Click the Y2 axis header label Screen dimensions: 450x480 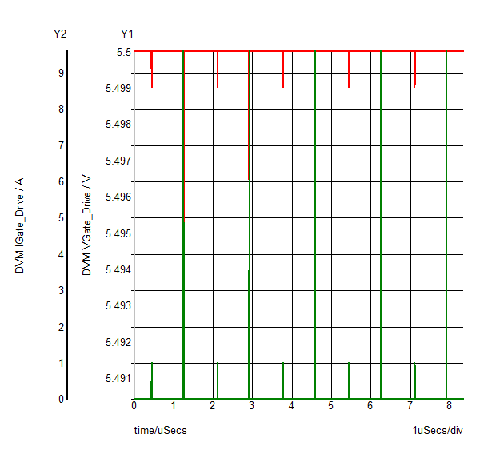60,34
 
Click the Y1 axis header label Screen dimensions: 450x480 127,34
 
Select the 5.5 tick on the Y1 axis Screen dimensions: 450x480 123,52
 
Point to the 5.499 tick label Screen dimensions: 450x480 119,88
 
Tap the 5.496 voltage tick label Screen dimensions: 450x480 119,197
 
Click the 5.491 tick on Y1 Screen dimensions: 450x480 119,378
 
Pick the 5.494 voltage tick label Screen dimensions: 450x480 119,269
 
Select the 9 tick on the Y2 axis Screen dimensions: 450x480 61,73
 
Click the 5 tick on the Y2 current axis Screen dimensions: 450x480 61,218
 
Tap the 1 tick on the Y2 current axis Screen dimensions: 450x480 61,363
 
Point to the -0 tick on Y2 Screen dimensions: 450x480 59,399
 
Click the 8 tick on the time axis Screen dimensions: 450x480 449,406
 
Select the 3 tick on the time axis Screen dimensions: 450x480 252,406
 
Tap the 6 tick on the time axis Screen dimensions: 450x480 370,406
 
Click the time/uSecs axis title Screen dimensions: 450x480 160,431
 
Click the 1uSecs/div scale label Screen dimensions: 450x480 438,431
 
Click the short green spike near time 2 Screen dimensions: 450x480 218,380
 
